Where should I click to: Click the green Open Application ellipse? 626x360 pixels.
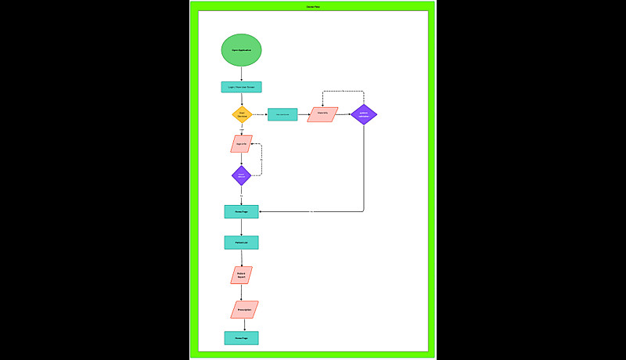pyautogui.click(x=241, y=50)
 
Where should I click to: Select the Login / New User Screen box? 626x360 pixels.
pyautogui.click(x=241, y=87)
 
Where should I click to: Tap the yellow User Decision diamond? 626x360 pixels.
pyautogui.click(x=242, y=114)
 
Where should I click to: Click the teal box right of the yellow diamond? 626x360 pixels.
pyautogui.click(x=282, y=114)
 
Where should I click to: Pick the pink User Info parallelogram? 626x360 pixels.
pyautogui.click(x=322, y=114)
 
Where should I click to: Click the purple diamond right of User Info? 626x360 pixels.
pyautogui.click(x=363, y=114)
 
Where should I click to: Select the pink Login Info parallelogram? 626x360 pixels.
pyautogui.click(x=241, y=144)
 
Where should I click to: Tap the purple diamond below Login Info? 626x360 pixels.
pyautogui.click(x=241, y=175)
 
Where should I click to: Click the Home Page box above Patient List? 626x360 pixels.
pyautogui.click(x=241, y=211)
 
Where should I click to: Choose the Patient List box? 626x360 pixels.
pyautogui.click(x=241, y=243)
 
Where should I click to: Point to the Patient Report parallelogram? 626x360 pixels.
pyautogui.click(x=241, y=275)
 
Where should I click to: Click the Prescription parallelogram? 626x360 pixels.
pyautogui.click(x=244, y=309)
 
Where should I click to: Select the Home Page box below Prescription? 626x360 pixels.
pyautogui.click(x=241, y=338)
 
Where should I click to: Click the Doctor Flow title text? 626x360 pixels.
pyautogui.click(x=312, y=6)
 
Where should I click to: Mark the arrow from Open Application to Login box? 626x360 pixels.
pyautogui.click(x=241, y=74)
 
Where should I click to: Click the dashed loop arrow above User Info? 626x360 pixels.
pyautogui.click(x=343, y=92)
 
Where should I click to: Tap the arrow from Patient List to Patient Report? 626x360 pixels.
pyautogui.click(x=241, y=257)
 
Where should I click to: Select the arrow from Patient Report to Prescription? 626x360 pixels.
pyautogui.click(x=241, y=292)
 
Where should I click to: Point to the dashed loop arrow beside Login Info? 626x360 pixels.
pyautogui.click(x=261, y=160)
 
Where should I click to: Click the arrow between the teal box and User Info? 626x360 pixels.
pyautogui.click(x=303, y=114)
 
